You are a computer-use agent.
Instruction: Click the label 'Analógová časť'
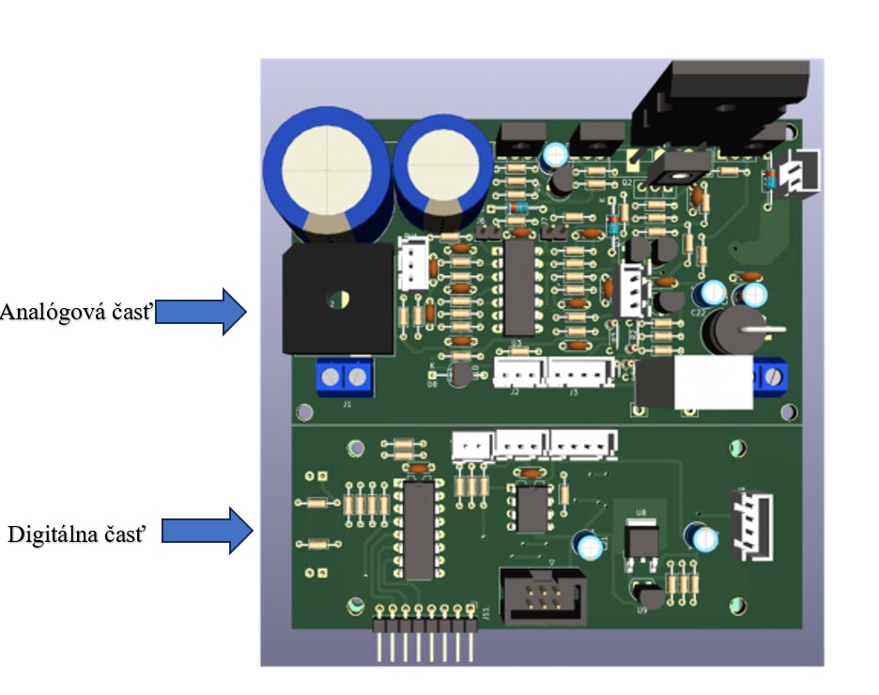point(76,312)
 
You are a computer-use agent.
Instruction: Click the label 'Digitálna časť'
point(77,534)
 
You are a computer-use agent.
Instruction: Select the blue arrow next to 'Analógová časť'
point(201,312)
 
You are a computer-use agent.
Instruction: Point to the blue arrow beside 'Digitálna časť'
point(208,531)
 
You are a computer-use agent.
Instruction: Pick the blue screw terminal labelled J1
point(343,378)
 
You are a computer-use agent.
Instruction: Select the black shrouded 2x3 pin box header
point(537,597)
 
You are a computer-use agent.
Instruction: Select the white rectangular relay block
point(712,382)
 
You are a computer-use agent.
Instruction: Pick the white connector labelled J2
point(518,373)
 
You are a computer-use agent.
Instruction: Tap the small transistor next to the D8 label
point(460,376)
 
